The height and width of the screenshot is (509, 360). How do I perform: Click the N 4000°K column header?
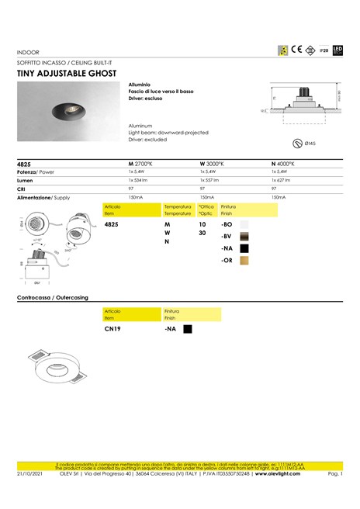coord(283,164)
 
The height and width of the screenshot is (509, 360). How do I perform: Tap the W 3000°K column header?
coord(212,164)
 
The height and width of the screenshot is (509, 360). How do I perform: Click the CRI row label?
coord(22,189)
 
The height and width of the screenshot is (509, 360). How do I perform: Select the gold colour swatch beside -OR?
coord(244,261)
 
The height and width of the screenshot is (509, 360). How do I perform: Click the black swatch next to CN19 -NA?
coord(187,328)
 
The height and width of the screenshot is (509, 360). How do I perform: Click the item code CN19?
coord(113,328)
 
